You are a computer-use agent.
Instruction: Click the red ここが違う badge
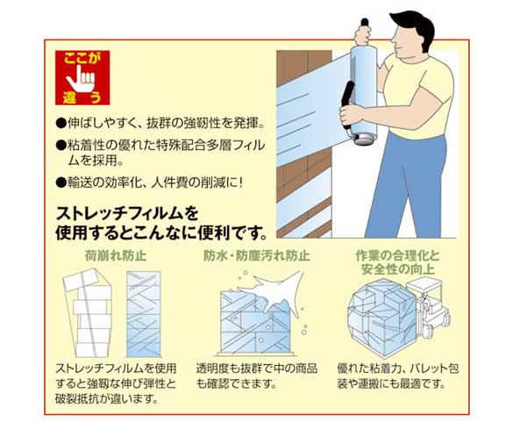point(82,77)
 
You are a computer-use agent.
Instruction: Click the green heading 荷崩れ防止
point(116,255)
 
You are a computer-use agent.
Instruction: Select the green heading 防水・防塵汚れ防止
point(257,255)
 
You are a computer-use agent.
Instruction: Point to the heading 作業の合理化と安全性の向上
point(398,262)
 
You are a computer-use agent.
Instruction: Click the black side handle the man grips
point(347,104)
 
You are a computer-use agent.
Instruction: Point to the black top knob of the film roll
point(365,23)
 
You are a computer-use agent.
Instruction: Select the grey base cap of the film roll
point(364,139)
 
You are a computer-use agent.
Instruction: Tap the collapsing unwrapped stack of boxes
point(88,313)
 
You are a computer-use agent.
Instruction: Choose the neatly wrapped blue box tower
point(144,314)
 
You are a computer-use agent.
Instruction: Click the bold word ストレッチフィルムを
point(127,214)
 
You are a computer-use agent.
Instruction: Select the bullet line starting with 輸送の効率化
point(150,182)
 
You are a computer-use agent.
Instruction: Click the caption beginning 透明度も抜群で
point(257,376)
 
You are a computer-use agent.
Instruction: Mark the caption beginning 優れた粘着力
point(398,376)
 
